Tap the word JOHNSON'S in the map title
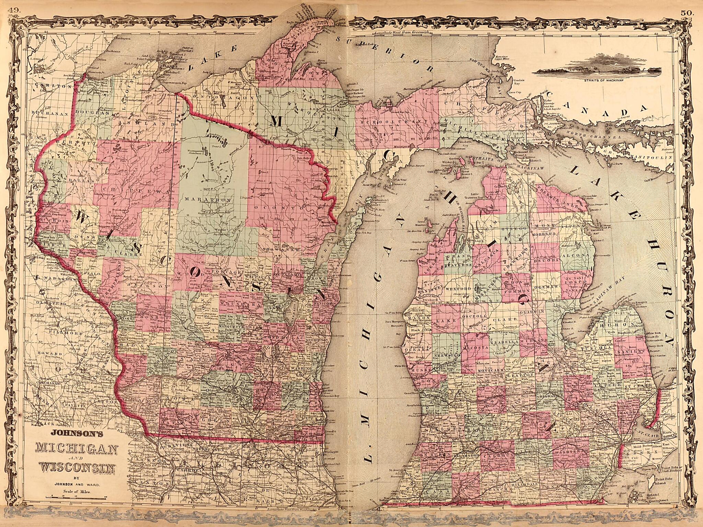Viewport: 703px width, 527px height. (77, 434)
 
